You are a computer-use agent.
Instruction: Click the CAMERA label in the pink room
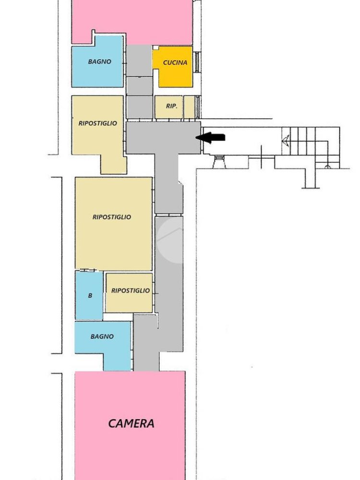(131, 423)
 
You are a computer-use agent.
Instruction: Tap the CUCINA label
(175, 62)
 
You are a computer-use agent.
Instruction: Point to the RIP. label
(171, 106)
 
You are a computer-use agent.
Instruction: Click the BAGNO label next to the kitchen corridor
(99, 61)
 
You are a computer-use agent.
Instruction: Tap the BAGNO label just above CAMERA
(102, 336)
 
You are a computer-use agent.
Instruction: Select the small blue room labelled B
(89, 296)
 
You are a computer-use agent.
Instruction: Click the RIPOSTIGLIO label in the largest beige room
(111, 217)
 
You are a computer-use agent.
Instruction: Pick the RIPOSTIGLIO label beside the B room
(130, 291)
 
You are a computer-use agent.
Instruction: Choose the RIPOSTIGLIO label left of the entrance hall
(97, 123)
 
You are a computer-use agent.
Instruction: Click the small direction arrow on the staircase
(286, 140)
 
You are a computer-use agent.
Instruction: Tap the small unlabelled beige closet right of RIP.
(189, 107)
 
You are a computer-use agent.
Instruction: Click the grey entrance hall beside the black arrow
(163, 137)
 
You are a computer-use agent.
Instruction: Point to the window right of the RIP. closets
(198, 107)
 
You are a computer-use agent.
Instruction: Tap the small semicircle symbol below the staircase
(327, 166)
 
